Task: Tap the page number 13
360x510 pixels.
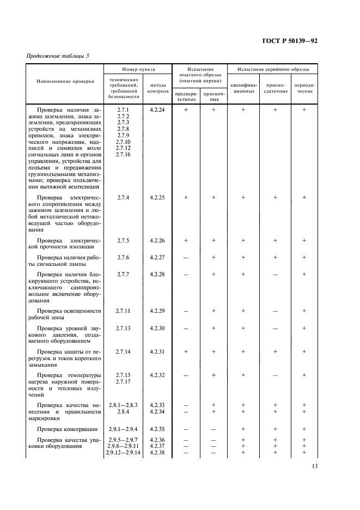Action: [x=314, y=466]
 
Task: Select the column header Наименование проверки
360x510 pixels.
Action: [x=65, y=81]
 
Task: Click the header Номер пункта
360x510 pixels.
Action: [x=138, y=70]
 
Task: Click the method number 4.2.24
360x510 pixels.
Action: [x=157, y=110]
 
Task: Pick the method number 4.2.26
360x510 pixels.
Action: [x=157, y=240]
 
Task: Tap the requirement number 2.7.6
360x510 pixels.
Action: [x=123, y=257]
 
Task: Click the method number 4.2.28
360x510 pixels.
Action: [x=157, y=274]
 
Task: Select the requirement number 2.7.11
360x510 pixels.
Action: [x=123, y=311]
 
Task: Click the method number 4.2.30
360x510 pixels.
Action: [x=157, y=328]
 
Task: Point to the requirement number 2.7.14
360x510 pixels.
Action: [x=123, y=352]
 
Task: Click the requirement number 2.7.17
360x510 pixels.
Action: [x=123, y=382]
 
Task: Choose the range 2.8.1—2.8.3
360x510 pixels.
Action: [x=123, y=405]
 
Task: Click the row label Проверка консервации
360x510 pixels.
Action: [x=68, y=429]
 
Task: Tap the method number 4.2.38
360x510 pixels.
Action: [x=157, y=453]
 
